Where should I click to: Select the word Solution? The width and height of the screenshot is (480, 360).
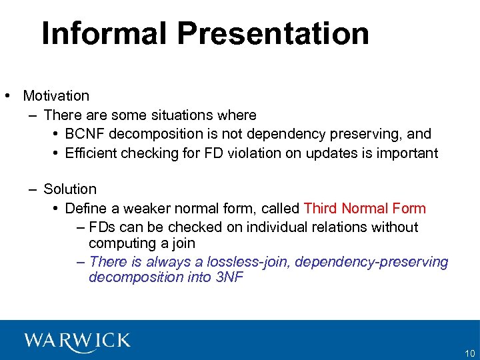point(70,189)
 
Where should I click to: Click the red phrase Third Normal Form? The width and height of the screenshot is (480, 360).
point(364,209)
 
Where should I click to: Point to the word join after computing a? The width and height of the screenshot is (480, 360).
point(181,244)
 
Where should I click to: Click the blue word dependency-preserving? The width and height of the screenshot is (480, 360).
point(371,262)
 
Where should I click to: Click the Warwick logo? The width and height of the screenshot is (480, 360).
point(77,341)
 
